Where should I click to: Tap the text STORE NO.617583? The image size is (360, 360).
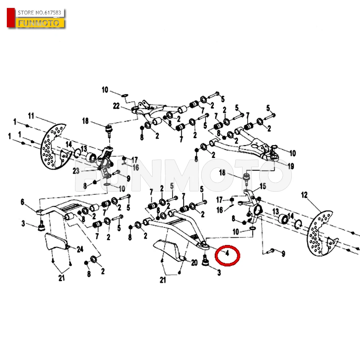pos(39,13)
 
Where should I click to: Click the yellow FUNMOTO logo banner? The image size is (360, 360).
pos(39,23)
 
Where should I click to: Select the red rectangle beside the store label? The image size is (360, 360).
pos(11,18)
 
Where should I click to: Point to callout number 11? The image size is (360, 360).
pos(31,116)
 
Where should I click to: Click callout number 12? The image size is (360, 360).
pos(304,195)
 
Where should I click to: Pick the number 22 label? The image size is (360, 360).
pos(116,106)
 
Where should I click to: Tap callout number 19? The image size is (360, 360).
pos(291,166)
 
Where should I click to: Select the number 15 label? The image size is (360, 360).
pos(263,186)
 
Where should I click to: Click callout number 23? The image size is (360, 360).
pos(76,171)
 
